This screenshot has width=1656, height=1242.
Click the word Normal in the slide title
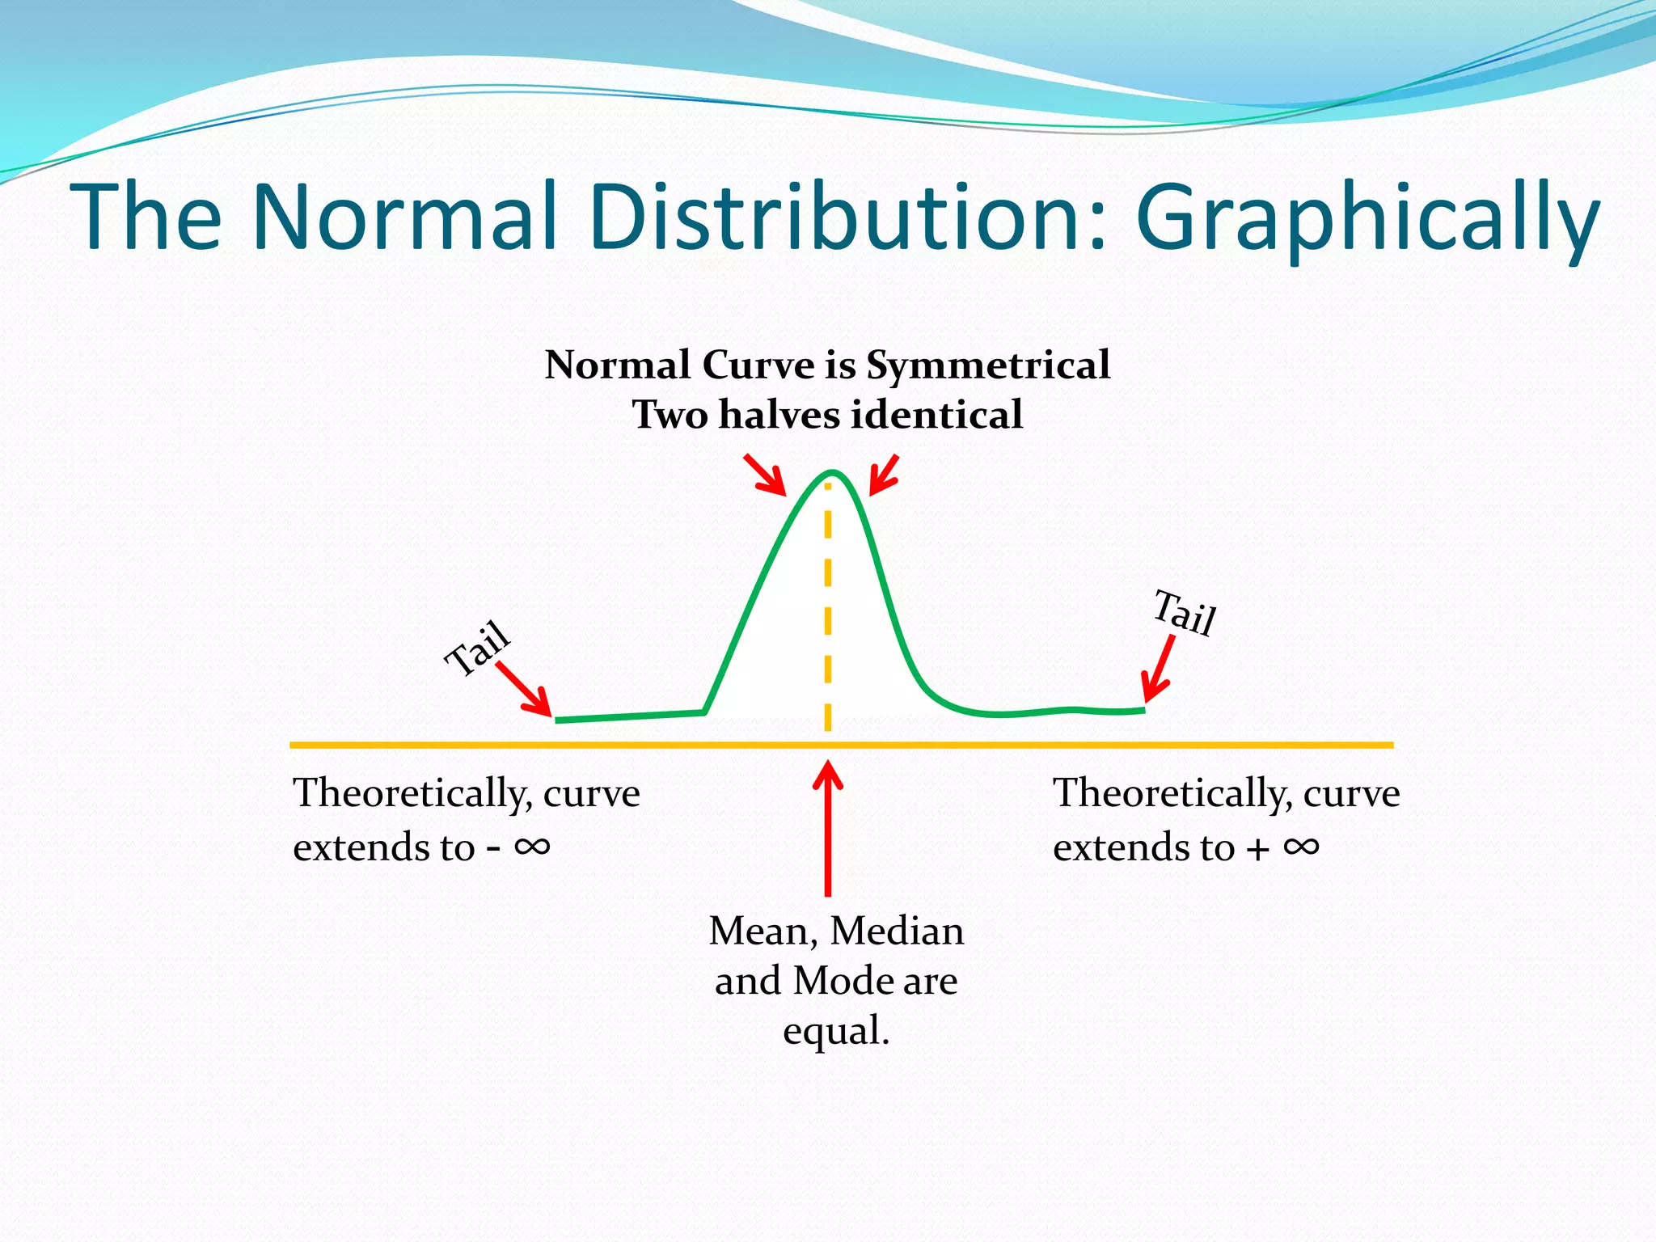point(404,216)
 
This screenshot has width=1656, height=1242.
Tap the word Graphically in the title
point(1367,218)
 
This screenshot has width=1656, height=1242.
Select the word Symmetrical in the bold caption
point(988,365)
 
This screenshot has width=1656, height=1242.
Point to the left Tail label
point(478,648)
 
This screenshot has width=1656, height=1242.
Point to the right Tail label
point(1185,613)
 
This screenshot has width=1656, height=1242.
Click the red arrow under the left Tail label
point(524,690)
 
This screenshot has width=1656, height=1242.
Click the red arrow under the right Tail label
point(1159,670)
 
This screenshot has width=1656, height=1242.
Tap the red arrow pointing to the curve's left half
point(766,475)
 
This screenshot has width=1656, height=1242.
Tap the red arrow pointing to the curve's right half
point(883,475)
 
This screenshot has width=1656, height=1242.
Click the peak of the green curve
point(831,472)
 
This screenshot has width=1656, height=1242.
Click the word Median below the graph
point(897,931)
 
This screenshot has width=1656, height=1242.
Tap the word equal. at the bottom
point(836,1032)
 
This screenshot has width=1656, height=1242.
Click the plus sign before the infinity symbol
point(1257,849)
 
